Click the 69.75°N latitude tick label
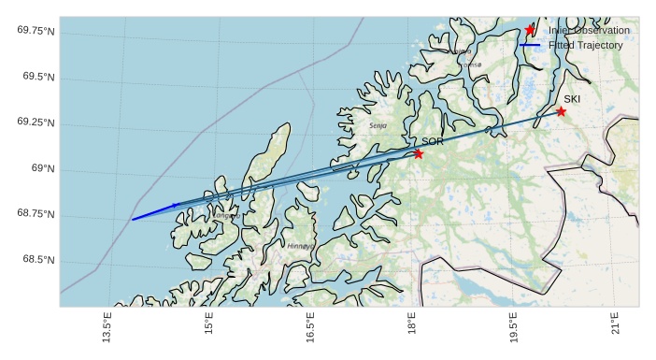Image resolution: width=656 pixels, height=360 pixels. [35, 31]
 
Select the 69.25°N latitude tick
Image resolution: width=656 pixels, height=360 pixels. [35, 122]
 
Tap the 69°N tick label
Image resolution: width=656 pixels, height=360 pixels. [43, 168]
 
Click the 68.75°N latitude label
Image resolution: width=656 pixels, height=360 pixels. [35, 214]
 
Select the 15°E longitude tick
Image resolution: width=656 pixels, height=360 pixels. [209, 329]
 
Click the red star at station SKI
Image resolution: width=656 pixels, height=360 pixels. [561, 111]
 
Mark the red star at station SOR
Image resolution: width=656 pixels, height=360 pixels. [419, 153]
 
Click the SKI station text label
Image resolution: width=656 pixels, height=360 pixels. [572, 99]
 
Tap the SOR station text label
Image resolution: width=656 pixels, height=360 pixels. [433, 141]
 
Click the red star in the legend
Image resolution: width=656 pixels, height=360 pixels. [531, 30]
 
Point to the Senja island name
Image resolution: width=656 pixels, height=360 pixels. [378, 124]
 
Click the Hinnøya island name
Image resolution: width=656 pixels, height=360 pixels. [301, 246]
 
